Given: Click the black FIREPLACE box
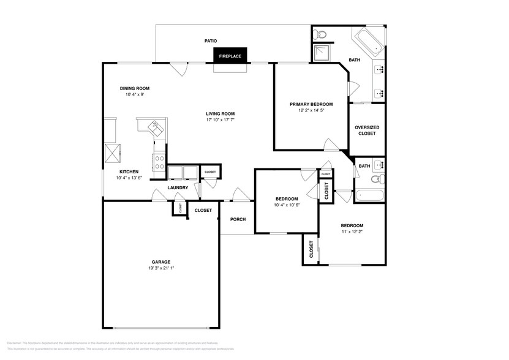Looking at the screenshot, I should pos(230,56).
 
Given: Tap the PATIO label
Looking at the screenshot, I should pos(211,41).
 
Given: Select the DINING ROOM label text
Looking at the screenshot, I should pos(134,88).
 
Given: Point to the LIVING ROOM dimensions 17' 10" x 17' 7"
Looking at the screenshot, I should pos(220,120).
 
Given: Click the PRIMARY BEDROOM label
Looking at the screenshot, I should pos(311,104).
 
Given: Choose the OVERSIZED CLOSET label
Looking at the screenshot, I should pos(367,130).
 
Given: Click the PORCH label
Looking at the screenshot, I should pos(238,219).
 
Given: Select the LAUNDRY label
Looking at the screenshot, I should pos(177,187).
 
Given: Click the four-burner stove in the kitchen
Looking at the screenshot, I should pos(159,162).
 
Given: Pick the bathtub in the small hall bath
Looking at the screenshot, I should pos(370,196).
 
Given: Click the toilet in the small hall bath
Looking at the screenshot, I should pos(378,179).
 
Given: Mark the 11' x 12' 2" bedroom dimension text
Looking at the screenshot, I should pos(352,232).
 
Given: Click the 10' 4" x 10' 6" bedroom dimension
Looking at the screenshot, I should pos(287,205).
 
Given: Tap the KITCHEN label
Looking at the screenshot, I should pos(129,171).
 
